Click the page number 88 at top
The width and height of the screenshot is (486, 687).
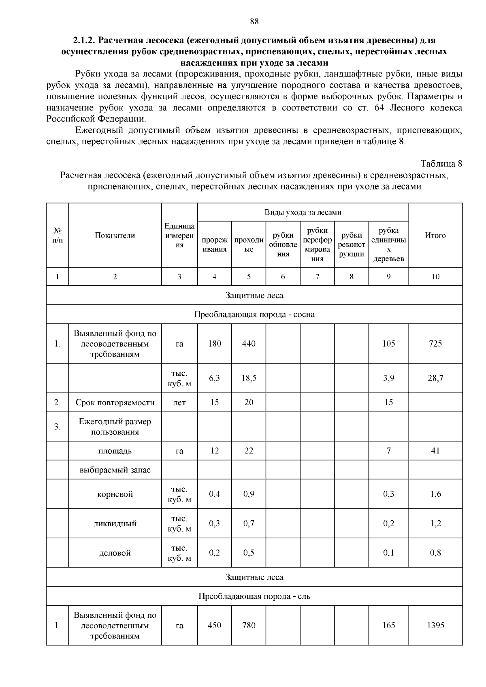254,22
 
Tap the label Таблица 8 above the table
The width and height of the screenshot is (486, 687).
441,164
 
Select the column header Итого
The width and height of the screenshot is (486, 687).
435,235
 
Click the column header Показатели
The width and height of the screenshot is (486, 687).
115,235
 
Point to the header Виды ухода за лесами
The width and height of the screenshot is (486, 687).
303,213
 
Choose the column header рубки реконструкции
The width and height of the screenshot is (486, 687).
352,245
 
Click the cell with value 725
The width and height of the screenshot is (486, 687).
435,344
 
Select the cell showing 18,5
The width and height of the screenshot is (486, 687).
249,378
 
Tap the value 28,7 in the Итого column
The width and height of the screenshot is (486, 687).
435,378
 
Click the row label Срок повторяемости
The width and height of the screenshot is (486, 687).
115,402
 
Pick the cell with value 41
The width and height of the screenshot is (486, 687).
435,451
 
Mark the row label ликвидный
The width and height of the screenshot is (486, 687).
115,523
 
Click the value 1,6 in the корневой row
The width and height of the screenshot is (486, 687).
435,494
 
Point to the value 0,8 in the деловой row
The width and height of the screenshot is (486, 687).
435,553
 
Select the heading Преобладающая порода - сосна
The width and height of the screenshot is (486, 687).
254,315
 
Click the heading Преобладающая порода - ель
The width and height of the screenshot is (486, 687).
254,596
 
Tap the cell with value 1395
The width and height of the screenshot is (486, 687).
435,625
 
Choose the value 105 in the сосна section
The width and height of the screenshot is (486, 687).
388,344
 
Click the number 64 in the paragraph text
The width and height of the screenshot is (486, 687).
374,108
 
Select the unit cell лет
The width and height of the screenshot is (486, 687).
179,402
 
